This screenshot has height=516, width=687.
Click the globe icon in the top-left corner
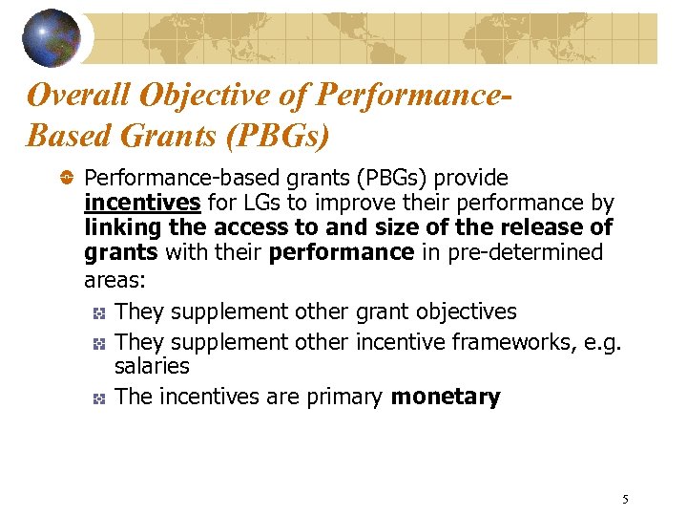click(x=52, y=37)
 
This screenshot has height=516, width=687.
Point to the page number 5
click(x=625, y=499)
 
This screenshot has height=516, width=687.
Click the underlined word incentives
click(x=142, y=203)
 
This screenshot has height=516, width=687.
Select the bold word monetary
click(x=446, y=398)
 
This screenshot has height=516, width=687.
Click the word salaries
click(x=152, y=366)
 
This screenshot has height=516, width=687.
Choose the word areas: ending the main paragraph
click(x=113, y=280)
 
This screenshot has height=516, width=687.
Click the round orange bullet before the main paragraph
click(x=68, y=178)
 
